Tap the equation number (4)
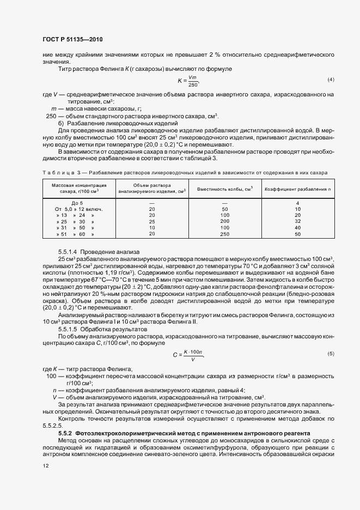[330, 80]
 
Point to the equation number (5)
[330, 354]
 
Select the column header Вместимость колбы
[225, 188]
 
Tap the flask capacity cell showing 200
[224, 222]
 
